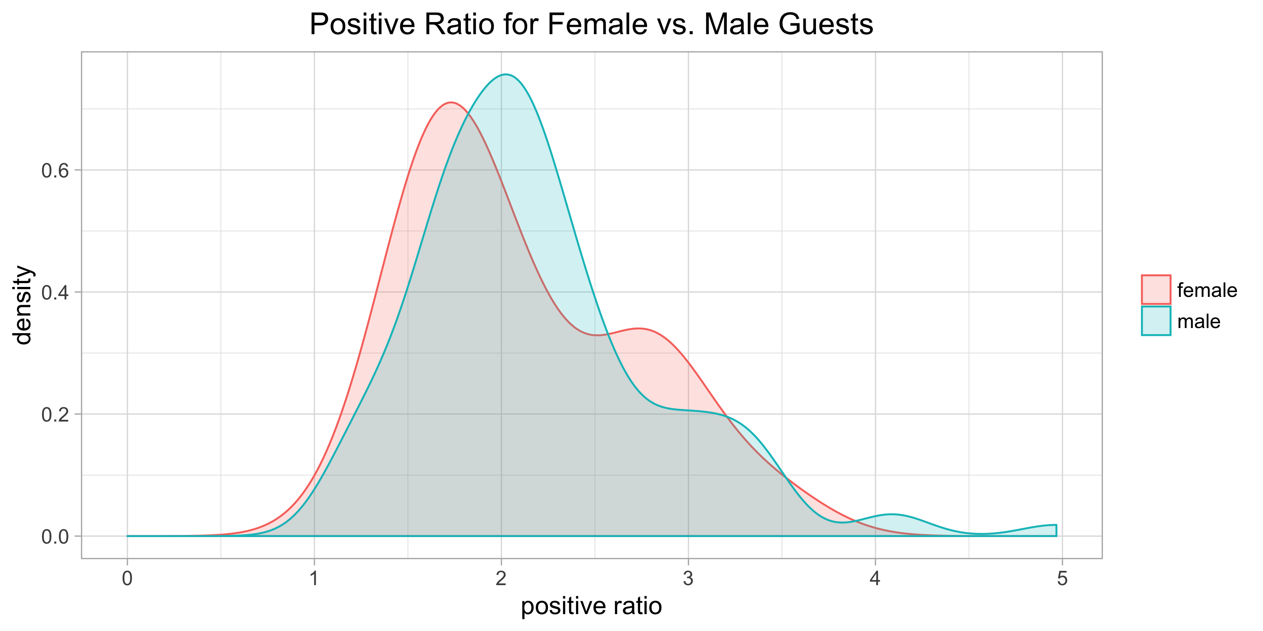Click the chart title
pos(591,25)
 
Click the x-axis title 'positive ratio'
pos(591,606)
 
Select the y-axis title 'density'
pos(22,305)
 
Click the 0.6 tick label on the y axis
pos(55,171)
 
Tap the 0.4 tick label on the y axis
pos(55,293)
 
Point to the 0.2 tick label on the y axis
pos(55,415)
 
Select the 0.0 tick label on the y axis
pos(55,537)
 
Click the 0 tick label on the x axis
pos(127,579)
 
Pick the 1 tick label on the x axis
pos(314,579)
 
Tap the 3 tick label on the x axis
pos(688,579)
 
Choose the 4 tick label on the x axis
pos(875,579)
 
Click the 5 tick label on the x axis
pos(1062,579)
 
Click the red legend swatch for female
pos(1156,290)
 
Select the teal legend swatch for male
pos(1156,321)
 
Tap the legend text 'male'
pos(1199,322)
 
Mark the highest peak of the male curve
pos(505,74)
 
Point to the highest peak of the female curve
pos(450,103)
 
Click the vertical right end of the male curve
pos(1056,531)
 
